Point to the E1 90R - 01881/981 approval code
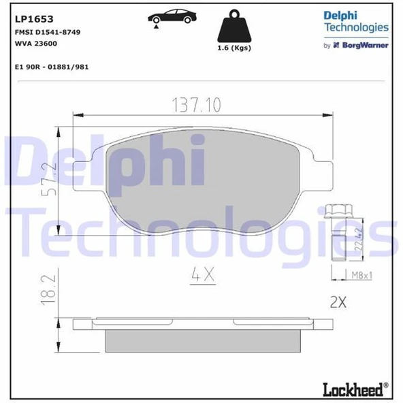[51, 67]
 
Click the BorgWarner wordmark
[366, 45]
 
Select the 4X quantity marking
[201, 276]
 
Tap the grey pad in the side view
[202, 338]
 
